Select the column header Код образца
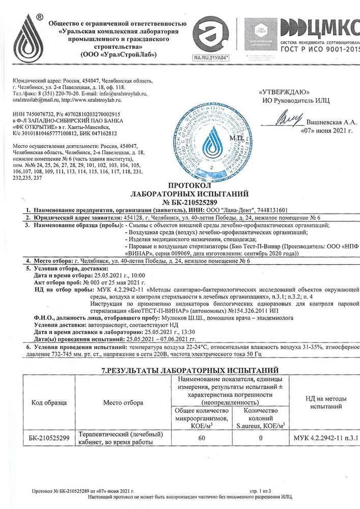[x=49, y=403]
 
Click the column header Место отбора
[x=123, y=403]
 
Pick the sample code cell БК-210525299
[x=49, y=438]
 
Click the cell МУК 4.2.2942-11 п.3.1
[x=326, y=438]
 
